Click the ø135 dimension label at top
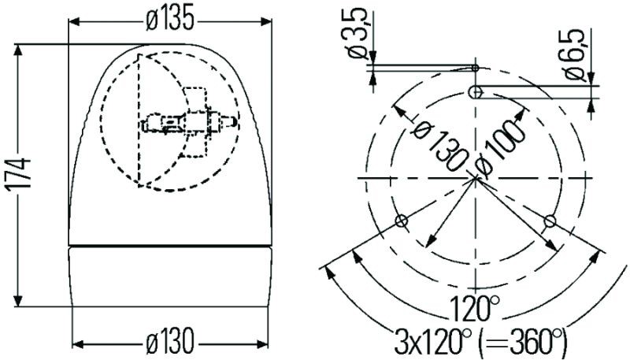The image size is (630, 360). point(169,21)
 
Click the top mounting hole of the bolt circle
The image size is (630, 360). point(476,92)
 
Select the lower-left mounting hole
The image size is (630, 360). point(401,221)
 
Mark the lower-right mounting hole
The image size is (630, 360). point(550,219)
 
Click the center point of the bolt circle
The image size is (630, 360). point(476,180)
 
